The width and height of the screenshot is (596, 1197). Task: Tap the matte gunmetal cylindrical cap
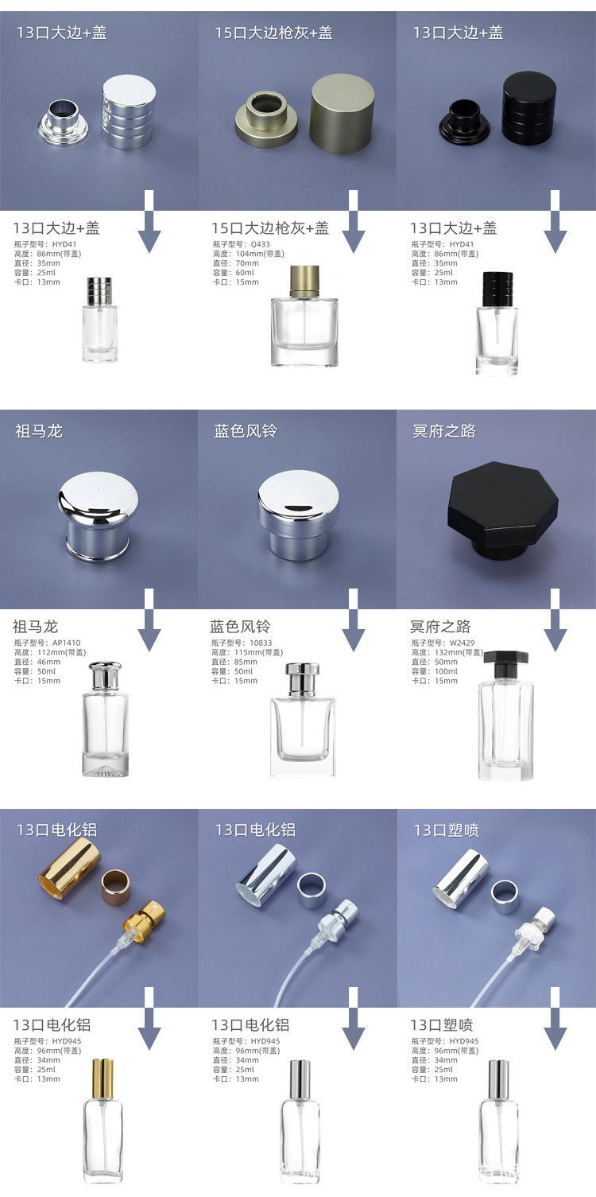(x=336, y=113)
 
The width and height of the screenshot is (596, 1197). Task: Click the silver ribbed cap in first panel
(x=128, y=111)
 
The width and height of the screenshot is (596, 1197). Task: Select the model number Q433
(x=260, y=244)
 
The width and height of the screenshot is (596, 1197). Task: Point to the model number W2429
(x=462, y=643)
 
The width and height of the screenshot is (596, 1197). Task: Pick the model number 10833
(x=261, y=643)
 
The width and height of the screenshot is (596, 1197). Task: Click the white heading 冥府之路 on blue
(x=443, y=431)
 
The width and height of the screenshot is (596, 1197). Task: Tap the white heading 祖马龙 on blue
(x=39, y=431)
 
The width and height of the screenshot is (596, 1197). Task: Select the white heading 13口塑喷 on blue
(x=446, y=830)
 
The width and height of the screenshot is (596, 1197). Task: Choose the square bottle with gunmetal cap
(x=304, y=316)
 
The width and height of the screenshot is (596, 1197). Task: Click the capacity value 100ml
(x=446, y=671)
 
